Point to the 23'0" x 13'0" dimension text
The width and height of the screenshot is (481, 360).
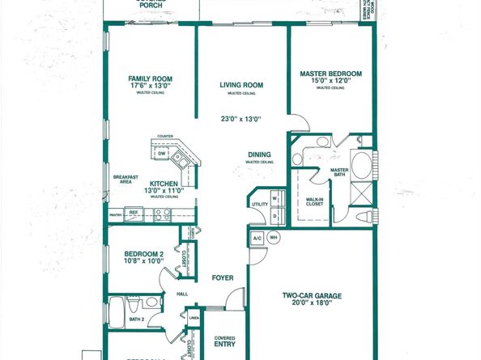point(240,119)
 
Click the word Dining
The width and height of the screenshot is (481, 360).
point(259,155)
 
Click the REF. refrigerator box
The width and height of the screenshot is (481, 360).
point(134,214)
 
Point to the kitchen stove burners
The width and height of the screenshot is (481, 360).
point(162,214)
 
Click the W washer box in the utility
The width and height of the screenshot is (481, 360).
point(275,198)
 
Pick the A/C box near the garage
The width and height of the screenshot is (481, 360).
point(256,238)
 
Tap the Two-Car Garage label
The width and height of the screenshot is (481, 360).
point(313,297)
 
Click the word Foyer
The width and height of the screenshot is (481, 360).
point(223,277)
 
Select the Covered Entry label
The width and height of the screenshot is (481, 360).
point(224,341)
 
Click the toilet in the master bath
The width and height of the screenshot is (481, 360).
point(369,214)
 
